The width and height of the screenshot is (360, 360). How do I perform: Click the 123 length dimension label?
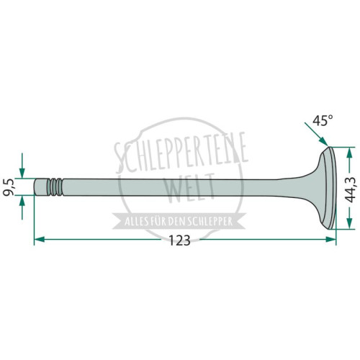point(179,240)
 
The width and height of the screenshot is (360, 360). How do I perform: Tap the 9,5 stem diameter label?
point(8,187)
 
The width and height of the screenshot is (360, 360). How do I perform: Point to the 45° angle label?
point(323,120)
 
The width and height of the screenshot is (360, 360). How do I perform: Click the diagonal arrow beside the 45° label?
point(316,134)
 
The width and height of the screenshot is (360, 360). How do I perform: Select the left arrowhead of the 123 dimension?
point(40,239)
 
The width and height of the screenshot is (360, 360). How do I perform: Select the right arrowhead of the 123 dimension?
point(330,239)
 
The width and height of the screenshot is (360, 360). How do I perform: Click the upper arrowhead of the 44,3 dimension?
point(350,152)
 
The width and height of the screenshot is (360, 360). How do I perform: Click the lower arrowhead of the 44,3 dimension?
point(350,224)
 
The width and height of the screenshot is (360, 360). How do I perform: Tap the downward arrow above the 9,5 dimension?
point(22,166)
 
